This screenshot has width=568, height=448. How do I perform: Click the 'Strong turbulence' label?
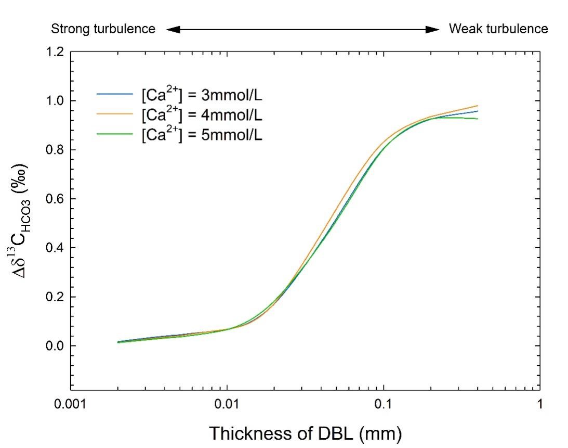(103, 29)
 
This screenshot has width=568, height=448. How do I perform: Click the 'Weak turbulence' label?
(498, 29)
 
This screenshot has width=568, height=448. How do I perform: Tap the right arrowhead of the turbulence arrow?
(433, 30)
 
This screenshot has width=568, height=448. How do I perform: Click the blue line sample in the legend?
(114, 94)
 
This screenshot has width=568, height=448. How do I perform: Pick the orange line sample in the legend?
(114, 114)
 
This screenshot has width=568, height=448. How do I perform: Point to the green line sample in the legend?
(114, 134)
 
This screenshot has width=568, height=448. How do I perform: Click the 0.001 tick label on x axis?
(71, 404)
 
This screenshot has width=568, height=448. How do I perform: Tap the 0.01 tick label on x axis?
(227, 404)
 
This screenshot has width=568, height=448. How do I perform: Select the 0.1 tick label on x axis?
(384, 404)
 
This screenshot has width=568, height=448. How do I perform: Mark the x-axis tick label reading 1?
(540, 404)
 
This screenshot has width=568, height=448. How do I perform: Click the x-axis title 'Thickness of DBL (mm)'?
(305, 432)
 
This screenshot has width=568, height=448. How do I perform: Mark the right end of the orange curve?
(477, 106)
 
